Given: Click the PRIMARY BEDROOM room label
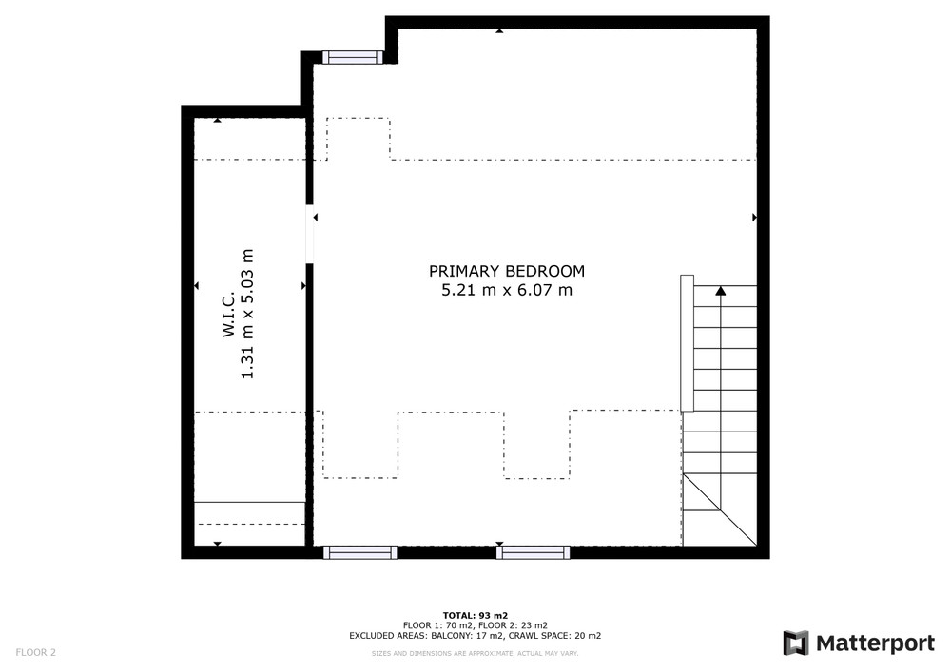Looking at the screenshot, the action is click(507, 271).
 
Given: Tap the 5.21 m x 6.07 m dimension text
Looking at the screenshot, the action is click(507, 290).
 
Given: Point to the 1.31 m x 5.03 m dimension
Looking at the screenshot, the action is click(247, 314).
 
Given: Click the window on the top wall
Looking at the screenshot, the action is click(353, 58).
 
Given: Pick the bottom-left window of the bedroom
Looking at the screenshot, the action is click(359, 552).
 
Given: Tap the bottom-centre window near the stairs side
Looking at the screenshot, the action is click(534, 552).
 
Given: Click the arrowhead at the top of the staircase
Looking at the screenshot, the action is click(721, 291).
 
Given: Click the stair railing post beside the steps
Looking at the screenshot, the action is click(687, 343).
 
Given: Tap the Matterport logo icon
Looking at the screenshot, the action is click(796, 643).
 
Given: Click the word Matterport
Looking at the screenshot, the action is click(875, 643).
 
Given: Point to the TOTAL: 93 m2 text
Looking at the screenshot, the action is click(475, 616).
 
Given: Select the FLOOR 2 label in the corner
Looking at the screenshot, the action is click(36, 653).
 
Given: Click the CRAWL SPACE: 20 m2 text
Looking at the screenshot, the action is click(555, 636).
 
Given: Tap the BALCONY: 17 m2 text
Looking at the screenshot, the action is click(467, 636).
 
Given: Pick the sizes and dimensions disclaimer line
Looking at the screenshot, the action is click(475, 654).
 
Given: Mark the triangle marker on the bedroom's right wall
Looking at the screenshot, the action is click(754, 217).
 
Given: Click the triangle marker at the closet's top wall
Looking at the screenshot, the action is click(217, 120).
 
